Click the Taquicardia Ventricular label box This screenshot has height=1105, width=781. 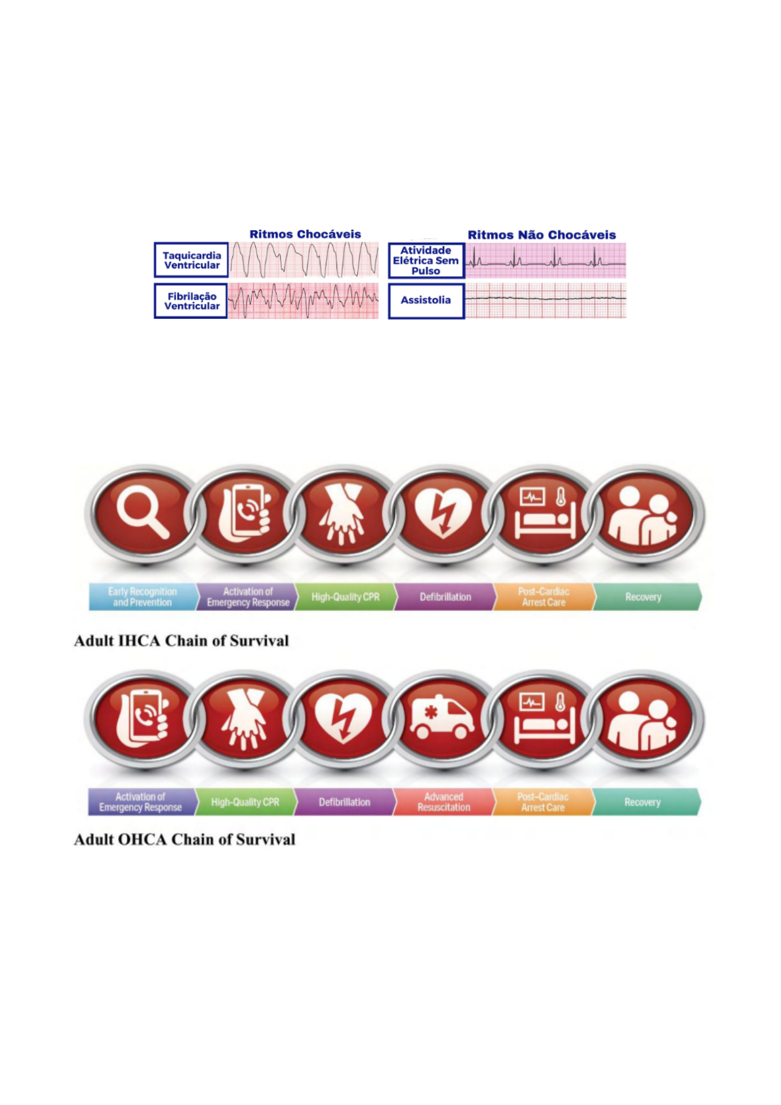tap(191, 260)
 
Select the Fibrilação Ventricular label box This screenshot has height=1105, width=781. tap(191, 301)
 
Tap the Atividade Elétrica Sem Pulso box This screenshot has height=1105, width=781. tap(426, 261)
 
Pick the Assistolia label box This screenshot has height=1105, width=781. tap(426, 301)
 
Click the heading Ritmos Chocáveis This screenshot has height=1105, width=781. tap(305, 234)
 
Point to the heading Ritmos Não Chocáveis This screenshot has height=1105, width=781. tap(542, 235)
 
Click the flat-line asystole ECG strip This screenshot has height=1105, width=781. tap(546, 300)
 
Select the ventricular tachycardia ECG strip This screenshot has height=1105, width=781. tap(304, 260)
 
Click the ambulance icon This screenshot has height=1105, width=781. tap(443, 717)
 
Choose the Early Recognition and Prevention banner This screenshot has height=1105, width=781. tap(142, 597)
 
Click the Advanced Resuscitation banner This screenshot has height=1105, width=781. tap(443, 802)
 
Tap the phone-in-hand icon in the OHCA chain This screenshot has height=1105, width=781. tap(143, 717)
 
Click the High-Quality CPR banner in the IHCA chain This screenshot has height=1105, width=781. tap(345, 597)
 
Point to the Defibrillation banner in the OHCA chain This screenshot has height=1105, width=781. tap(344, 802)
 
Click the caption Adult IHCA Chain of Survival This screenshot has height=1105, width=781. tap(182, 641)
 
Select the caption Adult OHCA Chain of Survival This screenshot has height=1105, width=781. tap(184, 840)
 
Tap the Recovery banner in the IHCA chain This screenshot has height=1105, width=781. tap(643, 597)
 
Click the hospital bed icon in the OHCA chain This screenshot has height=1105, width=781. tap(544, 717)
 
